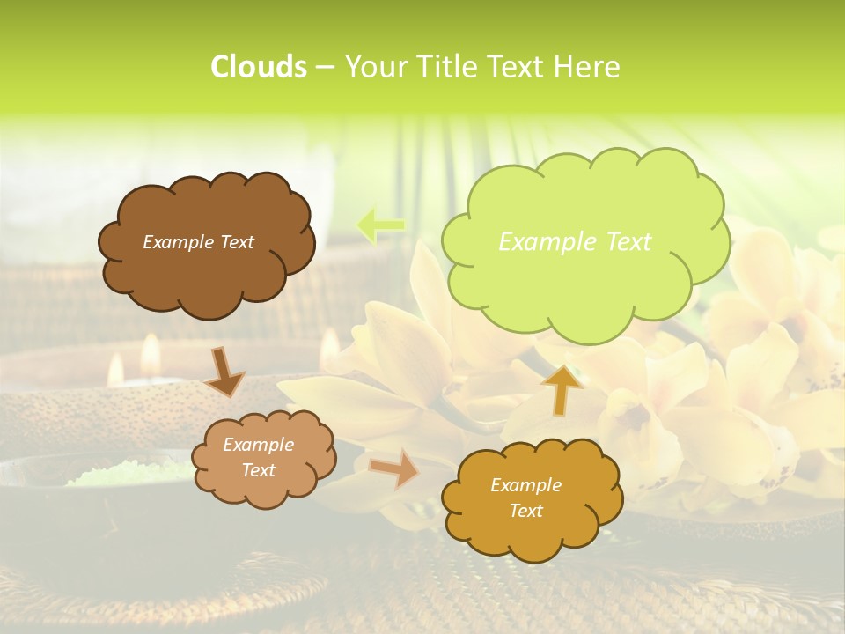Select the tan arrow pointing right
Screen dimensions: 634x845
point(394,468)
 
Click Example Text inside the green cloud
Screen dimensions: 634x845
point(575,241)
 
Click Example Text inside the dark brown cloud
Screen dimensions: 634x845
point(198,242)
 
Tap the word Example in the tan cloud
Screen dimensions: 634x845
point(258,445)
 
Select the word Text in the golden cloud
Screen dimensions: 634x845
point(525,511)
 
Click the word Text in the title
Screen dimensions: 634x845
point(518,67)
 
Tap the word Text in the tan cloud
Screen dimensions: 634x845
point(258,470)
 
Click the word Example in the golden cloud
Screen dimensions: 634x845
point(525,485)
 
